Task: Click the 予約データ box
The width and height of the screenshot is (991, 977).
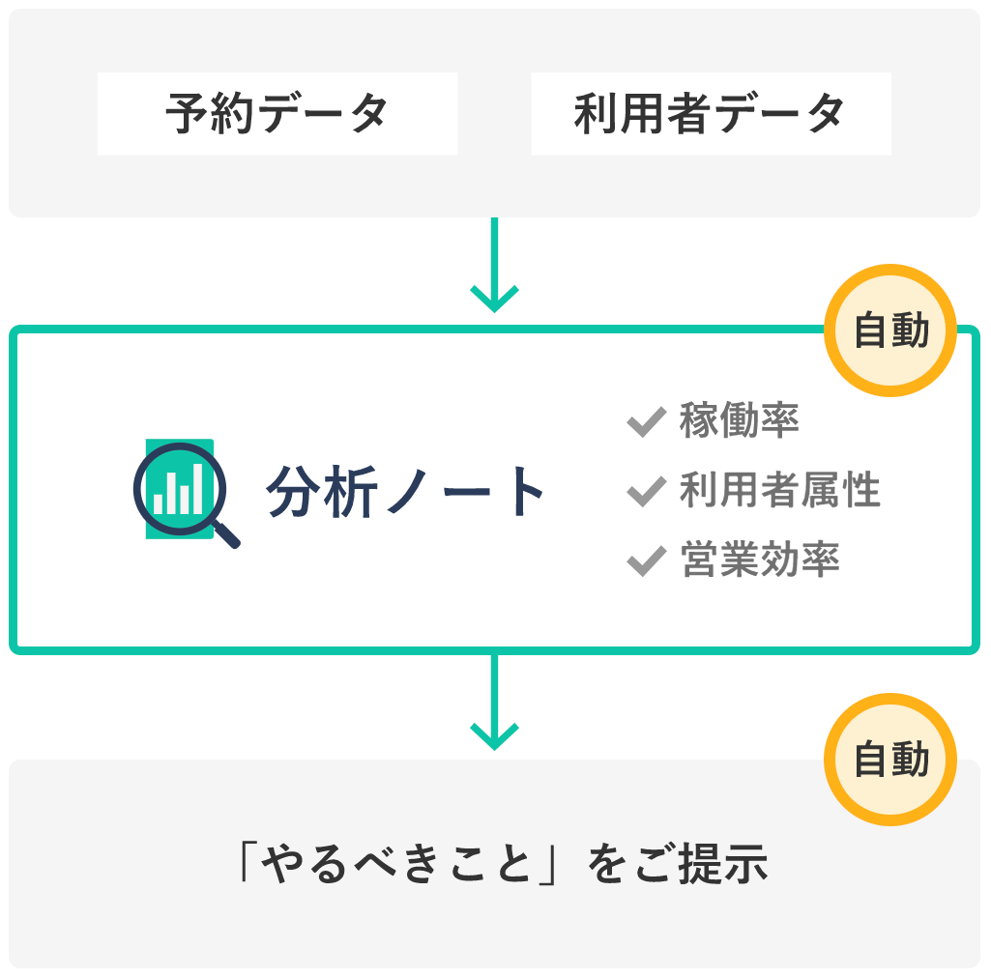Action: pos(277,114)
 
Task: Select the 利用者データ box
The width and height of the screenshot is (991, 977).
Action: pos(711,114)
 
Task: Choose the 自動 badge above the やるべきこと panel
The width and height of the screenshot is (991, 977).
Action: pos(890,761)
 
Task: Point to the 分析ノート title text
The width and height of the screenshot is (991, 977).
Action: pos(406,491)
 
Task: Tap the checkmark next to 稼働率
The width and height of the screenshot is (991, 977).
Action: pos(646,421)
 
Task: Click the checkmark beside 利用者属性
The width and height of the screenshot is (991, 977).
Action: pos(646,491)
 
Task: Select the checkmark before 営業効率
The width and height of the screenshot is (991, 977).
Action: pos(646,560)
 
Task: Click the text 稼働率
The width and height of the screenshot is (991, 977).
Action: pos(740,421)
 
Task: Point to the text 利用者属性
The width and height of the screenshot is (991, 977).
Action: pos(779,491)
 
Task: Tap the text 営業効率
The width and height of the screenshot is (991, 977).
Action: pos(760,560)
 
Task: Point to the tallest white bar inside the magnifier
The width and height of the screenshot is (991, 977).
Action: pos(197,488)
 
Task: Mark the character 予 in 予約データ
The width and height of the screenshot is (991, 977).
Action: pos(184,114)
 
